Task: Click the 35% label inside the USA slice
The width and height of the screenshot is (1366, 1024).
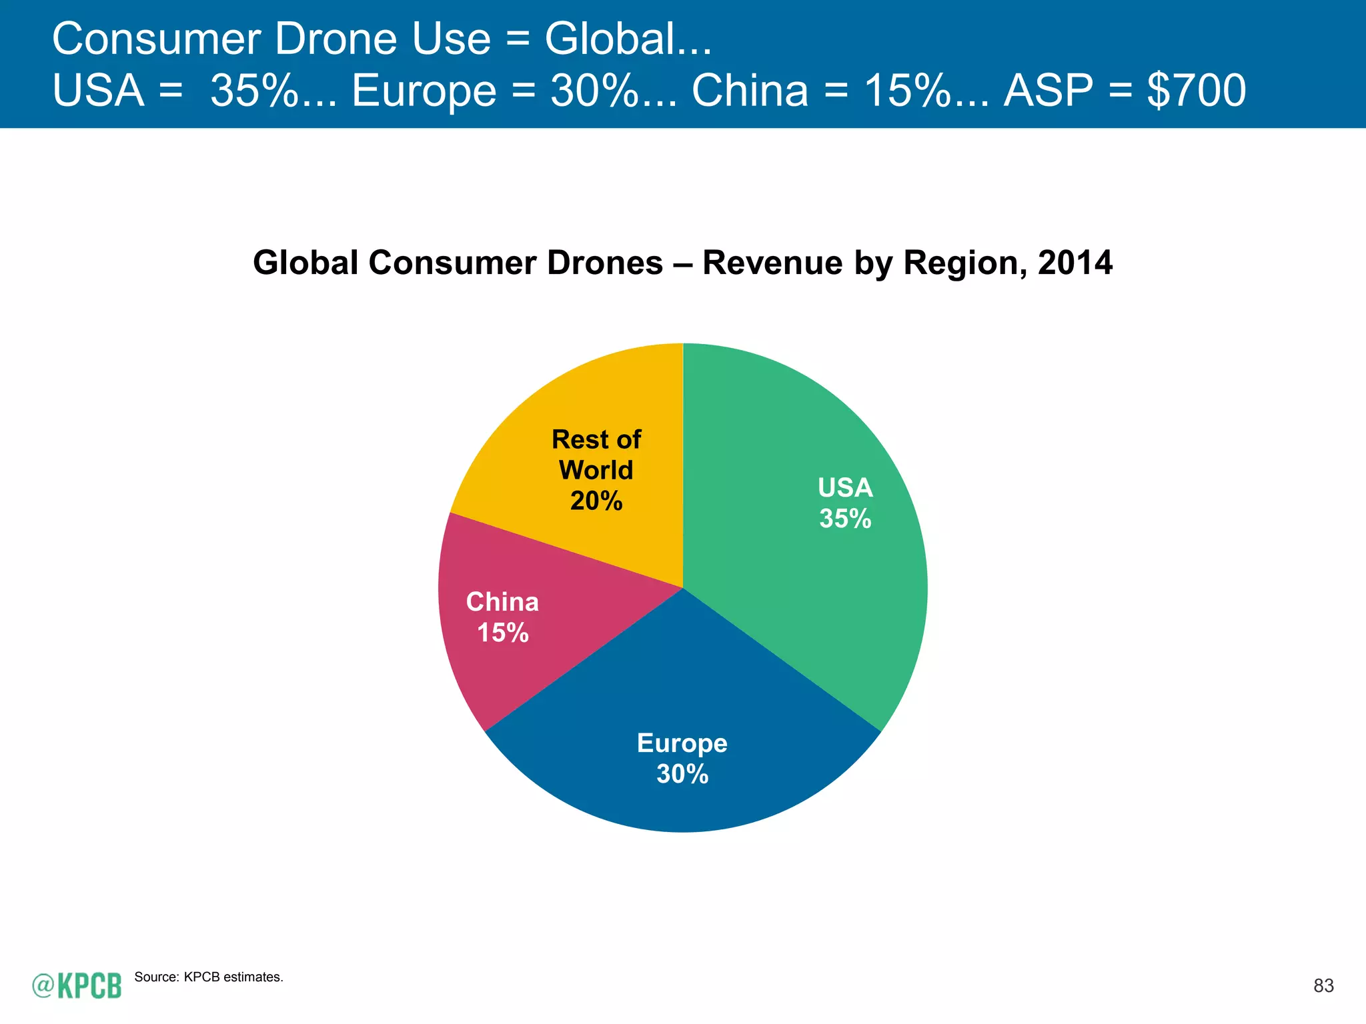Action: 845,519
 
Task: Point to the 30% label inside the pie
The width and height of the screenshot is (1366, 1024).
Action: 682,774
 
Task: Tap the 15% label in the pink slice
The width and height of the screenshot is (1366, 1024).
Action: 503,633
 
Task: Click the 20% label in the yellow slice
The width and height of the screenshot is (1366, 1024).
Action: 596,501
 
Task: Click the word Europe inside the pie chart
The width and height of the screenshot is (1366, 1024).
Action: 682,743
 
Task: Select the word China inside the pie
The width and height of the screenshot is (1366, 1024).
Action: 502,602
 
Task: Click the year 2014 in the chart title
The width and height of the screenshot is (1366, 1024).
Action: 1075,263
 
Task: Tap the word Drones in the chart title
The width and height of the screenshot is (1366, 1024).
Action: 605,263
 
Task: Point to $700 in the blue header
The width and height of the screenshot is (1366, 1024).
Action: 1197,91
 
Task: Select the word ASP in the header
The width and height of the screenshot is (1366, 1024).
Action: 1049,91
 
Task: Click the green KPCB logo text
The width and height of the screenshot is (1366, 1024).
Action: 89,986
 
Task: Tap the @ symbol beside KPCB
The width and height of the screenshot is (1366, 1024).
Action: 43,985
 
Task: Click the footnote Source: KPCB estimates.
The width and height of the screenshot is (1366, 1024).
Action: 209,977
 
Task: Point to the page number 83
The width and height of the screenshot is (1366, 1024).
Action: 1323,986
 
